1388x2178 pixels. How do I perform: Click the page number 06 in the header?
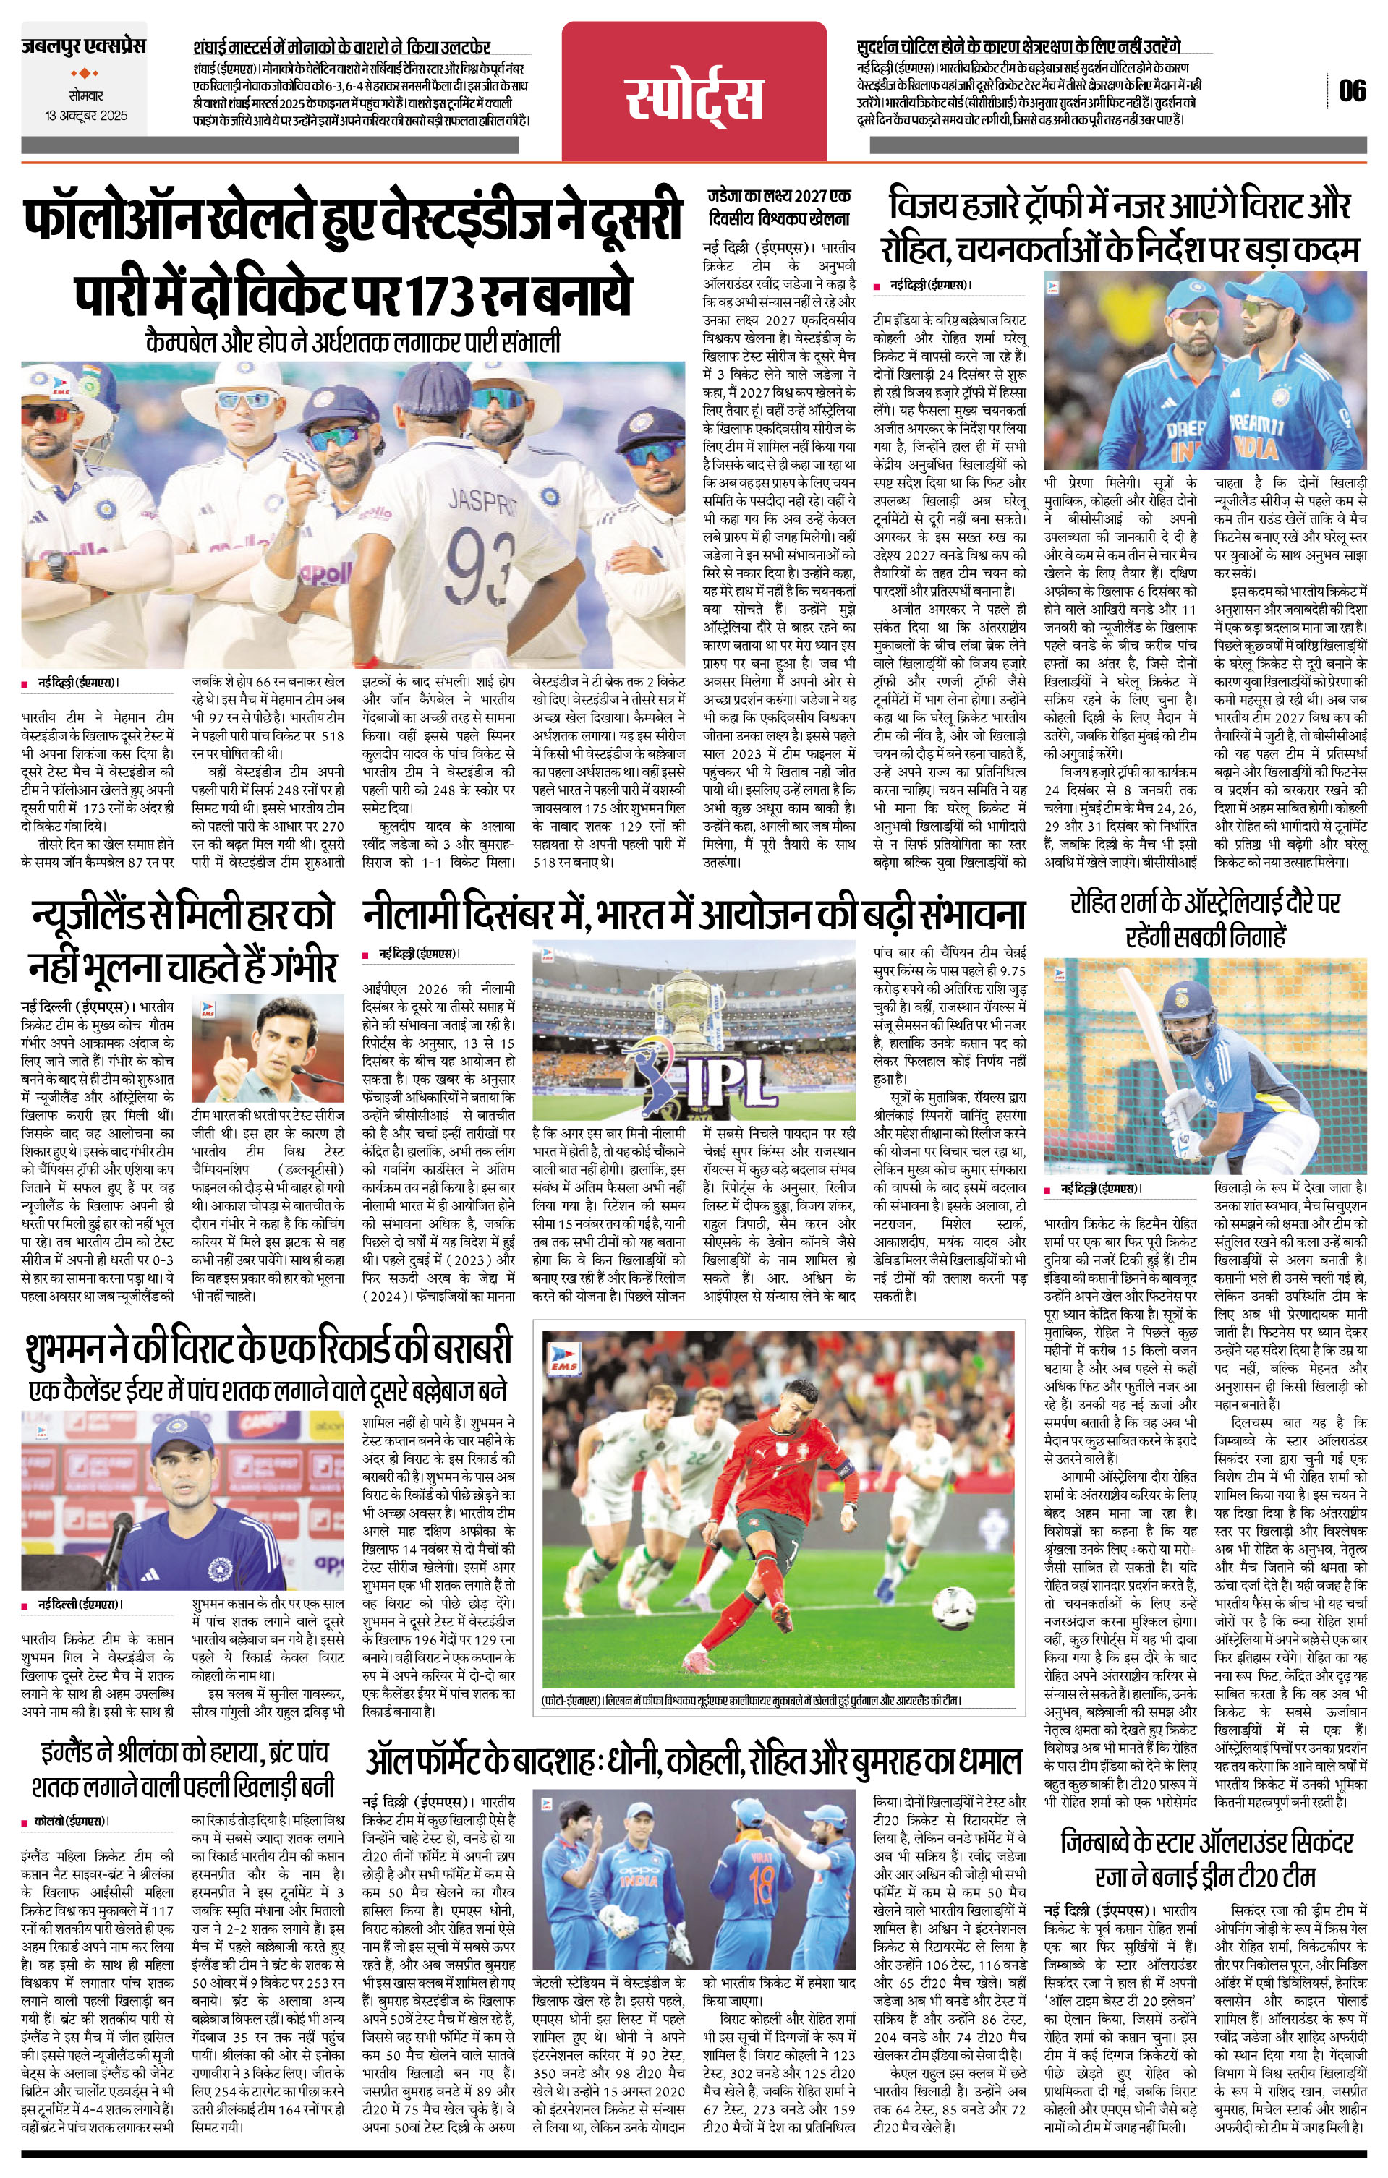[1353, 91]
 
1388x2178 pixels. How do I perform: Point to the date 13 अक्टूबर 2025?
[87, 116]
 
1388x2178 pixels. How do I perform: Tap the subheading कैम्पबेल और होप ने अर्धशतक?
[353, 343]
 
